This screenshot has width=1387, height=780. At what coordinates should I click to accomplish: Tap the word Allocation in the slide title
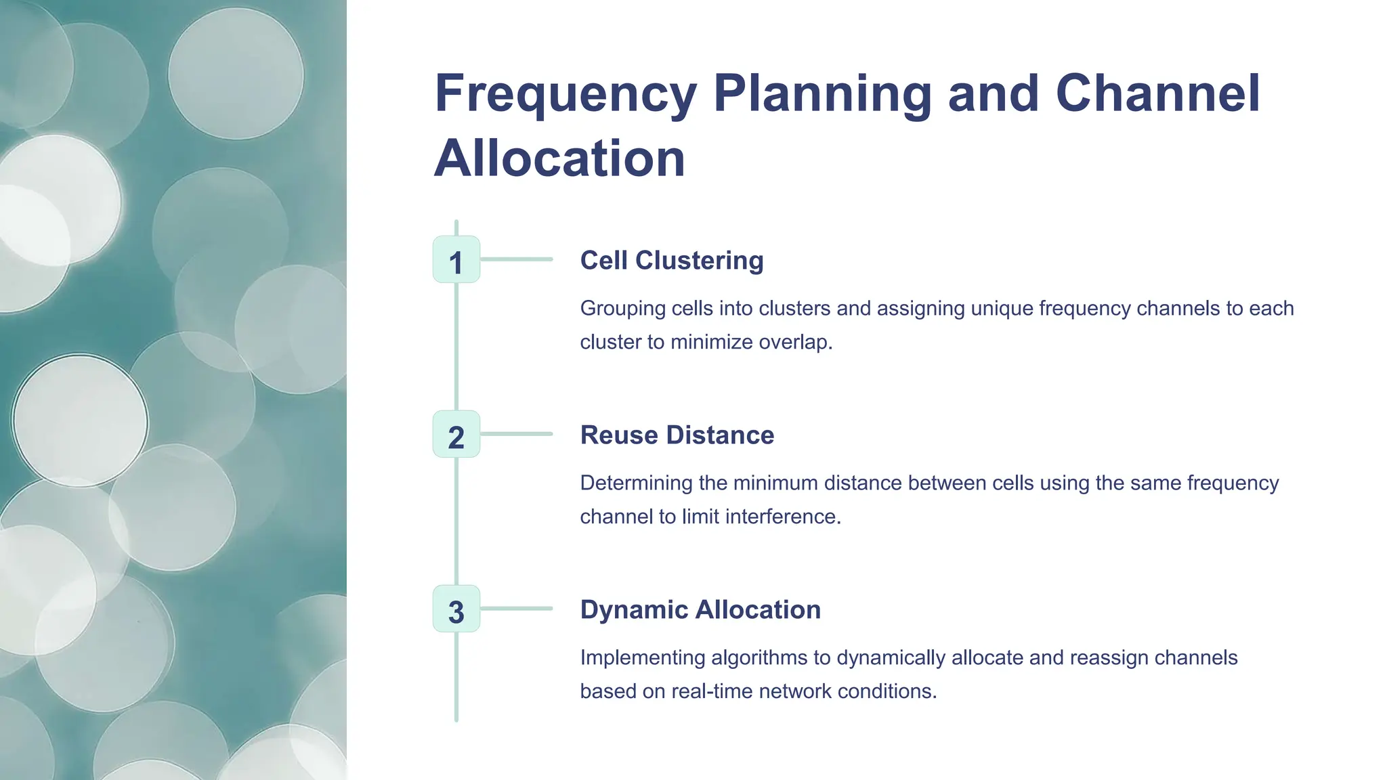(x=559, y=158)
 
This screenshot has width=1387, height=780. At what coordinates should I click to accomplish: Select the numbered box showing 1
(x=456, y=260)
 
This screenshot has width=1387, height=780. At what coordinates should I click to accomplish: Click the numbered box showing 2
(x=456, y=435)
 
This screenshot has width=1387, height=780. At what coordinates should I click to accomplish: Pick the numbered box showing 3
(x=456, y=609)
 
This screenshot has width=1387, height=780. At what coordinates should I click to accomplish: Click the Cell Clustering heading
(x=671, y=261)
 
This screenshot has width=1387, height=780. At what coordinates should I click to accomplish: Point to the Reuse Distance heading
(x=677, y=435)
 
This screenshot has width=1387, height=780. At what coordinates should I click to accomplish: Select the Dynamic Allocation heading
(x=700, y=610)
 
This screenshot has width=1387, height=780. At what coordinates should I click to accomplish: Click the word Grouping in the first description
(x=623, y=309)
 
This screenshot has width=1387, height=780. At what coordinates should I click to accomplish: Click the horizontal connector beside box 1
(x=517, y=259)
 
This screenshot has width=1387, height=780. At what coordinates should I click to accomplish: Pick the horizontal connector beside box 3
(x=517, y=609)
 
